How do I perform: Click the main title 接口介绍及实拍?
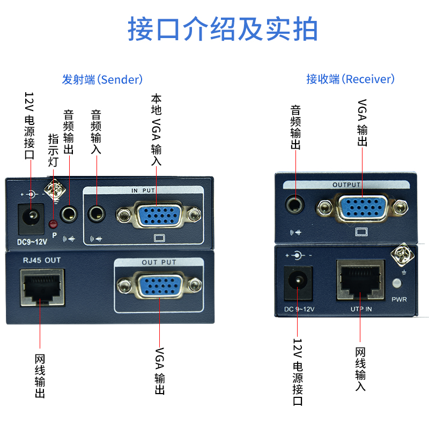(x=222, y=29)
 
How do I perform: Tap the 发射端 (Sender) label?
(x=102, y=79)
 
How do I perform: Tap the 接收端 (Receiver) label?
(x=350, y=79)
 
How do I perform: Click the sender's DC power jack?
(x=30, y=217)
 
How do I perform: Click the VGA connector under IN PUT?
(x=159, y=216)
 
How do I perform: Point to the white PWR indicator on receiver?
(x=397, y=284)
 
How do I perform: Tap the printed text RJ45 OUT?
(x=42, y=260)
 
